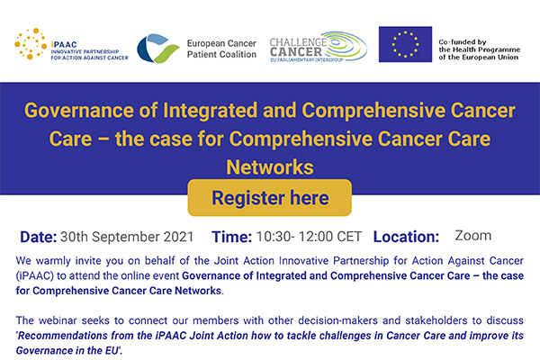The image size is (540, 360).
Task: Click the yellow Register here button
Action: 270,198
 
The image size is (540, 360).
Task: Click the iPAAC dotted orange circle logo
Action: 31,44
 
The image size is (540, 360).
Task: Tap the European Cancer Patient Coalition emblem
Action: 157,49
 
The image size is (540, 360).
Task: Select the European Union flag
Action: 405,44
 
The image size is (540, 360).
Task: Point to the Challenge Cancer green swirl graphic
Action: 345,46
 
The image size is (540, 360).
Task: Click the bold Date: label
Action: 38,237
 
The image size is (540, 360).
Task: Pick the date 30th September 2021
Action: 127,237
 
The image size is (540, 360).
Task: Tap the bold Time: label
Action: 231,237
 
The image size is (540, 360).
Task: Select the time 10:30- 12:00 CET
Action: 309,237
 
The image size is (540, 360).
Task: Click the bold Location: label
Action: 406,237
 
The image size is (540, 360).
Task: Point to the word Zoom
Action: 473,236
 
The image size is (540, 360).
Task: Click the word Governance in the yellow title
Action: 79,111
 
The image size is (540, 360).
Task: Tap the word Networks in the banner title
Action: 270,167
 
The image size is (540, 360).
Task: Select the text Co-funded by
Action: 463,42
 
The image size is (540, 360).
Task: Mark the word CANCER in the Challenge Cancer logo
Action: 296,51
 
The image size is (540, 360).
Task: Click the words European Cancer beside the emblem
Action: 221,43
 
